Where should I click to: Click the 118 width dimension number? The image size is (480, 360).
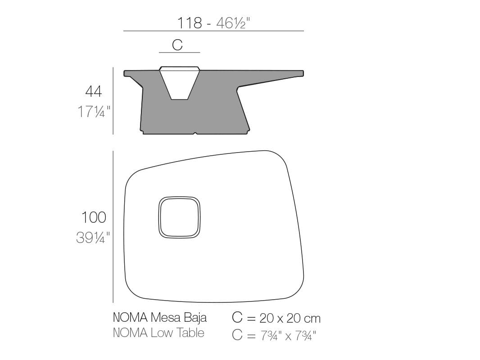(x=189, y=22)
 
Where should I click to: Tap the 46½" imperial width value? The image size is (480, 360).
(x=233, y=22)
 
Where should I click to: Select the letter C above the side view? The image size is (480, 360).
(x=177, y=45)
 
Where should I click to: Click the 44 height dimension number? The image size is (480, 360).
(x=94, y=91)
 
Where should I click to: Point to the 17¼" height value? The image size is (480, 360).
(x=94, y=111)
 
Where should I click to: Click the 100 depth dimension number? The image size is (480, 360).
(x=94, y=217)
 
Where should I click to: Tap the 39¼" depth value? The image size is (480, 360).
(x=93, y=237)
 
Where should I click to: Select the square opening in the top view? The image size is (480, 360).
(x=179, y=217)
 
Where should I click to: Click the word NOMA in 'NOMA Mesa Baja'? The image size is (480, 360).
(x=130, y=318)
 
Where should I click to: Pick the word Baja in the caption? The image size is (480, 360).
(x=195, y=318)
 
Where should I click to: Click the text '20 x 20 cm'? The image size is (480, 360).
(x=290, y=319)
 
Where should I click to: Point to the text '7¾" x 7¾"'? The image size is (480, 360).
(x=288, y=335)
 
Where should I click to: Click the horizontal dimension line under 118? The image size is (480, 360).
(x=213, y=31)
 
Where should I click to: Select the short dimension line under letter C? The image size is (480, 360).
(x=179, y=53)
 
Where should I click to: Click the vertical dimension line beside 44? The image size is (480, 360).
(x=113, y=101)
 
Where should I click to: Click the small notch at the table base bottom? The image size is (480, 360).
(x=195, y=133)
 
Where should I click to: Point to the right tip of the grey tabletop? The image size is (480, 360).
(x=302, y=72)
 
